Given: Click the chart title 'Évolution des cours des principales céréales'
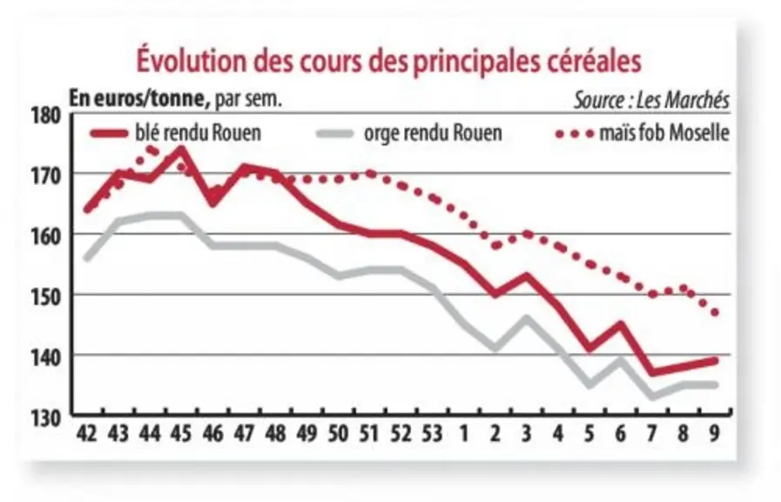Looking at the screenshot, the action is tap(389, 61).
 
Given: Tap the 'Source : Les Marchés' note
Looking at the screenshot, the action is tap(651, 100).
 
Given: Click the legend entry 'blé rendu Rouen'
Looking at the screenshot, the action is tap(176, 133).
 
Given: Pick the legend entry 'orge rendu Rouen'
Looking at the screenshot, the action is tap(409, 133).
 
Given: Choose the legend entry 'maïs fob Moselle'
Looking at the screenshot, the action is tap(643, 133).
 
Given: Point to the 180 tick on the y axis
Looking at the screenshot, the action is tap(46, 116).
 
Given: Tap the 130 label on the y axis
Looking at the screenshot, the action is tap(46, 418).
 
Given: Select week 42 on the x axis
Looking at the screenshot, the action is tap(87, 434).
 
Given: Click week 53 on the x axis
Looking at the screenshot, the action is tap(432, 434).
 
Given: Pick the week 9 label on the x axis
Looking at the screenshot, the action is tap(714, 434).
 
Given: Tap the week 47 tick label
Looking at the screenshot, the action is tap(244, 434).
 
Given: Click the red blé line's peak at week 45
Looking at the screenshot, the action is tap(181, 148).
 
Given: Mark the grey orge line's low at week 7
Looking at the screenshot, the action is tap(651, 397).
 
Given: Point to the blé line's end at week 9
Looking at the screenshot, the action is tap(715, 361).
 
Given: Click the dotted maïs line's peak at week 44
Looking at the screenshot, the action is tap(150, 148).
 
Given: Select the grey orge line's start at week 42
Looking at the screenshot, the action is tap(87, 258).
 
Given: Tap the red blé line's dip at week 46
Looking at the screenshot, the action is tap(212, 202).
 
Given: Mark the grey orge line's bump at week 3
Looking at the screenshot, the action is tap(526, 318).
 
